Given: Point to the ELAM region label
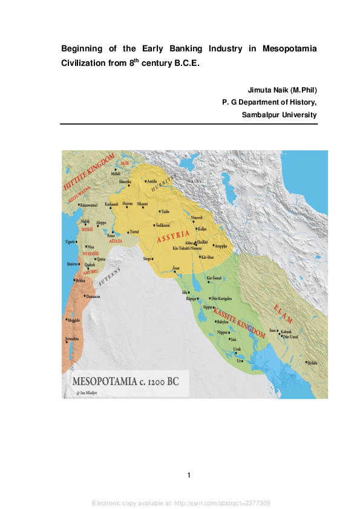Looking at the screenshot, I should [283, 313].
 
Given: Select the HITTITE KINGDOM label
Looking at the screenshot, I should [89, 173].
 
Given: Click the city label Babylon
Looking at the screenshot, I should [222, 322].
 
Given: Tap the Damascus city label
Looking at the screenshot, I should [92, 297].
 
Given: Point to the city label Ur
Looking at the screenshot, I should [240, 361].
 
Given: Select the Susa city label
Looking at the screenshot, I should [272, 330].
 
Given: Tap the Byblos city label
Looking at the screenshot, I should [80, 281].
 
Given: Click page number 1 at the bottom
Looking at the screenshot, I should [189, 475].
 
